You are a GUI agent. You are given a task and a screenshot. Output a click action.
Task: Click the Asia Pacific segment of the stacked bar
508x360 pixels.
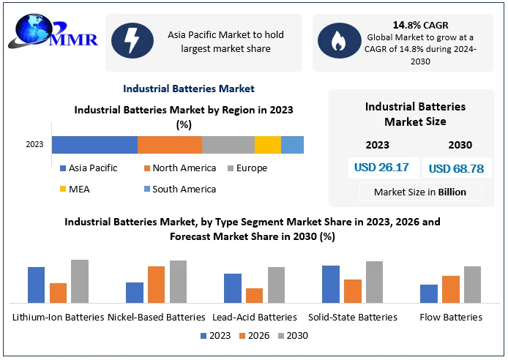pyautogui.click(x=94, y=144)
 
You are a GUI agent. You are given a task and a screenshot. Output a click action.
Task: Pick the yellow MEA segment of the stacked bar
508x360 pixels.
pyautogui.click(x=267, y=144)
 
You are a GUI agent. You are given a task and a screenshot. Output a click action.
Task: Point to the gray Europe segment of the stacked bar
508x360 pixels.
pyautogui.click(x=228, y=144)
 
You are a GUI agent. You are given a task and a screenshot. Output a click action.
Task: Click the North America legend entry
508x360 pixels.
pyautogui.click(x=180, y=168)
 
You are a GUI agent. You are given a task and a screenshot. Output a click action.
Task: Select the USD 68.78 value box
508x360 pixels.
pyautogui.click(x=456, y=168)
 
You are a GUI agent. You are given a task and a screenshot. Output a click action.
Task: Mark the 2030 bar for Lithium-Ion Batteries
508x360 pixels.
pyautogui.click(x=79, y=281)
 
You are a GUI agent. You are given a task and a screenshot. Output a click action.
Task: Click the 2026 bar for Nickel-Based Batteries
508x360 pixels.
pyautogui.click(x=156, y=285)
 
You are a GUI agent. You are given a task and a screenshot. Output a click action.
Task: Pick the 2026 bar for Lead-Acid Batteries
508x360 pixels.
pyautogui.click(x=254, y=295)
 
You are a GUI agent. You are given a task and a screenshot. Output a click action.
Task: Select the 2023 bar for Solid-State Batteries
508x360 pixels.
pyautogui.click(x=330, y=284)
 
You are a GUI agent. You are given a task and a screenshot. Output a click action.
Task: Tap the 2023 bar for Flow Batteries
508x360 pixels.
pyautogui.click(x=428, y=293)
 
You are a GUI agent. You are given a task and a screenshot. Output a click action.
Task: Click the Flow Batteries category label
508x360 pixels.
pyautogui.click(x=451, y=318)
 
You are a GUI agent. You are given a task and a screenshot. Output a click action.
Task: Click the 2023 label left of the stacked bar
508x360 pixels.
pyautogui.click(x=34, y=145)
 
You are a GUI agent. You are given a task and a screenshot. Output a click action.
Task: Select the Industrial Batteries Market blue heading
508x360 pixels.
pyautogui.click(x=189, y=89)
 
